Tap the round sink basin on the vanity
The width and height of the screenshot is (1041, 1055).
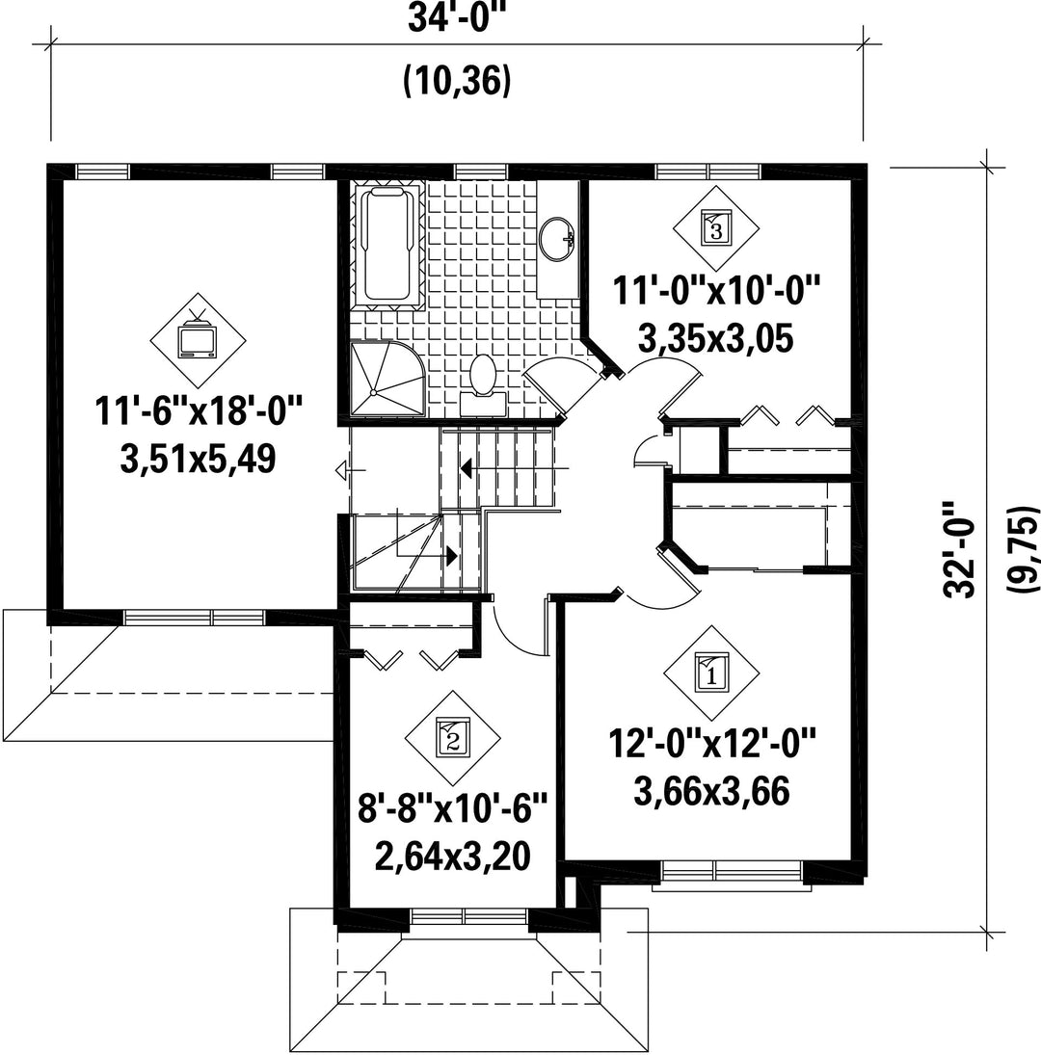(x=556, y=238)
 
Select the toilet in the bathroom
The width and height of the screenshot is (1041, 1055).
(x=483, y=385)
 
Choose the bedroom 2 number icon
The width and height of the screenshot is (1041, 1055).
(x=452, y=737)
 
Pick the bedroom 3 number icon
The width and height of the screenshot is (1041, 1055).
(x=716, y=228)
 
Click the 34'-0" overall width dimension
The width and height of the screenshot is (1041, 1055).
(x=457, y=19)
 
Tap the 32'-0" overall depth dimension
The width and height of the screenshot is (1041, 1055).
(x=959, y=549)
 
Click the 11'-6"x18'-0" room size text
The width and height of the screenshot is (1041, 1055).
(x=199, y=410)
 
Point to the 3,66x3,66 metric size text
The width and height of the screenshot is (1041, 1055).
(x=711, y=791)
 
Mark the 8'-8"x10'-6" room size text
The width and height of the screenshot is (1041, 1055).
(x=452, y=807)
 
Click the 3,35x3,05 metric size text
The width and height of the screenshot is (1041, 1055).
(x=716, y=339)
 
